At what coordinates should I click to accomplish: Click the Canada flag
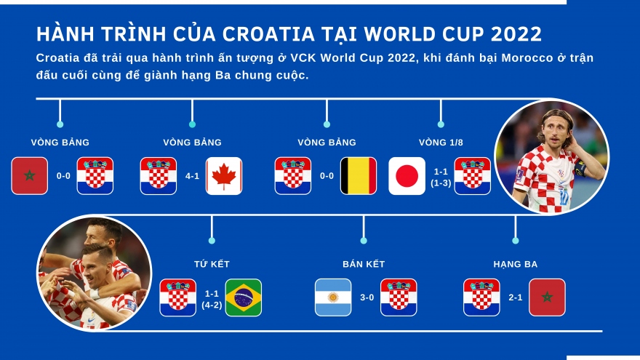[224, 176]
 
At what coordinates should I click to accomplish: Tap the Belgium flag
[359, 176]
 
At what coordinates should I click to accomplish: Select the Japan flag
[407, 176]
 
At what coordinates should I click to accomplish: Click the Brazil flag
[244, 297]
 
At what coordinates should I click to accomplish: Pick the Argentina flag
[333, 297]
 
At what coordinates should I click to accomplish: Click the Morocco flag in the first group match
[30, 176]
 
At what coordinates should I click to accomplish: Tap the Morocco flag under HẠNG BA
[547, 297]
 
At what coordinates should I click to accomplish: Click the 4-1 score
[192, 176]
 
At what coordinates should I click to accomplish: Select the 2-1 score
[516, 297]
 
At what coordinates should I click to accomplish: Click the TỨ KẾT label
[212, 264]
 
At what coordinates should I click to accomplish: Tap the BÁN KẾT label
[364, 264]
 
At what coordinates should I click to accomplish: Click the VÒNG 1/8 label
[441, 143]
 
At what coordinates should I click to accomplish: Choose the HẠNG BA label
[515, 264]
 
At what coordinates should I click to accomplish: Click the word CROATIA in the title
[268, 33]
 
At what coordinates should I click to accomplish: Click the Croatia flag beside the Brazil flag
[178, 297]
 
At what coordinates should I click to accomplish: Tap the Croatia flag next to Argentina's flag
[399, 297]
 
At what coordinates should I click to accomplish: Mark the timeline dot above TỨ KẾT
[212, 240]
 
